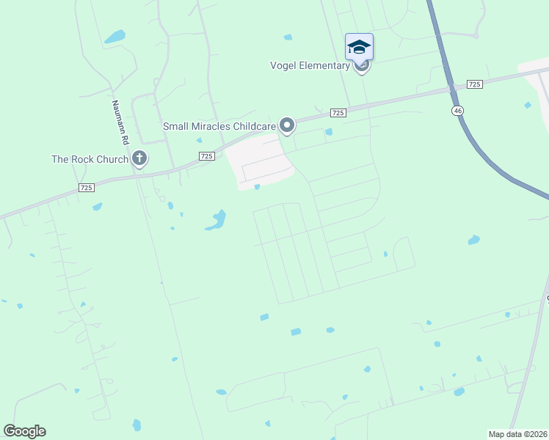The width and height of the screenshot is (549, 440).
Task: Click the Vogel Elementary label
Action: click(310, 66)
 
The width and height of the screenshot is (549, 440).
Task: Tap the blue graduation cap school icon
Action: click(359, 46)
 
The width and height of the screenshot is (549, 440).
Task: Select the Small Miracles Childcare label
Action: click(219, 126)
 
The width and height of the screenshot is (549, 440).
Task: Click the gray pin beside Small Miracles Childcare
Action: click(288, 126)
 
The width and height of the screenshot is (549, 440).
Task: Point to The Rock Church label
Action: click(90, 158)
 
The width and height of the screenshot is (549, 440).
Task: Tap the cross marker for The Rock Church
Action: click(139, 158)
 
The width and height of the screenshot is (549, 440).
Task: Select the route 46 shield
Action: click(457, 109)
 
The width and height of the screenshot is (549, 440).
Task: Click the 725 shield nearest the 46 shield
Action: click(474, 85)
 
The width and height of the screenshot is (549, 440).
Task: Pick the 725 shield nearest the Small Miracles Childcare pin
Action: click(338, 112)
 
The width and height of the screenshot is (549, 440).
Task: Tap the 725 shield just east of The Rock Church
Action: click(206, 156)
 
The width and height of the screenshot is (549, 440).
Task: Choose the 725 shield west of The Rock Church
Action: click(87, 188)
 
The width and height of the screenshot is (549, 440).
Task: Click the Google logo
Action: click(24, 431)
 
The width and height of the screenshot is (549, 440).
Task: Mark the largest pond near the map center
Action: click(217, 219)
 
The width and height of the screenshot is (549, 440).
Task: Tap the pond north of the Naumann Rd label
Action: click(114, 36)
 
